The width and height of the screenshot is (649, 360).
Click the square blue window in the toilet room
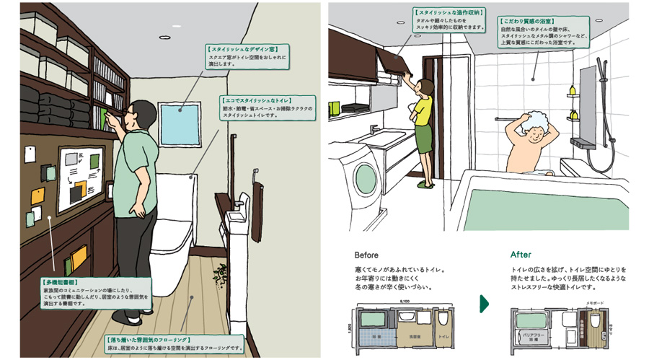pos(178,125)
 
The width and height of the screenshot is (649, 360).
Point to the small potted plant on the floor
pos(221,273)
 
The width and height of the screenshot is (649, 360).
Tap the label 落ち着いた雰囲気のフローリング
pos(148,338)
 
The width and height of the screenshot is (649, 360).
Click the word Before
pos(367,255)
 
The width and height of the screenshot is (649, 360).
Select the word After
pos(521,255)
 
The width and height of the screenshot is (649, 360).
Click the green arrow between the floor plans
pos(484,304)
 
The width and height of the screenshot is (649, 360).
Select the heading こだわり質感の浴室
pos(529,24)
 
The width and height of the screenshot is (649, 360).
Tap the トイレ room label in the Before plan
pos(443,337)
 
